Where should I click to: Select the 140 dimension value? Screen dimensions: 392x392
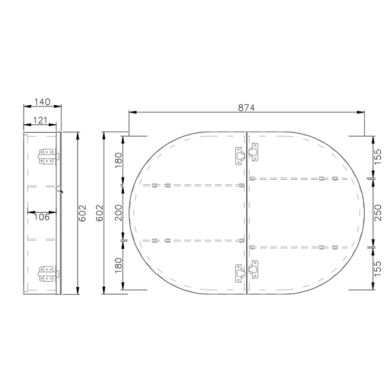point(42,101)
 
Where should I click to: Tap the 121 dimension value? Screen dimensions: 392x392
point(39,120)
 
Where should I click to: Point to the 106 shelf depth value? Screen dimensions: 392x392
point(41,216)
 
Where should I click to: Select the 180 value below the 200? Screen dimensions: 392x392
point(118,264)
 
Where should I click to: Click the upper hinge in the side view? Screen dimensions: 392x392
point(48,156)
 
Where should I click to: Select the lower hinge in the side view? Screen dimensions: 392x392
point(48,274)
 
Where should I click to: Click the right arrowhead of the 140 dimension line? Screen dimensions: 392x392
point(60,106)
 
